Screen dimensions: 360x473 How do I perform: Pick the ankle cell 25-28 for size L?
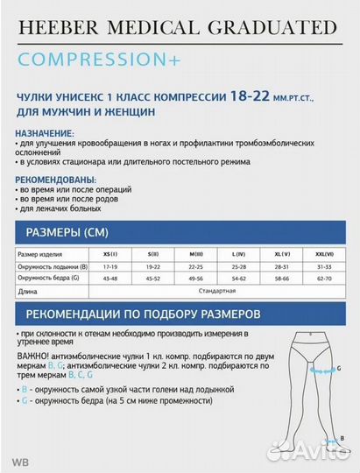click(x=237, y=265)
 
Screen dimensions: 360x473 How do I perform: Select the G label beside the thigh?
click(x=335, y=370)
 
